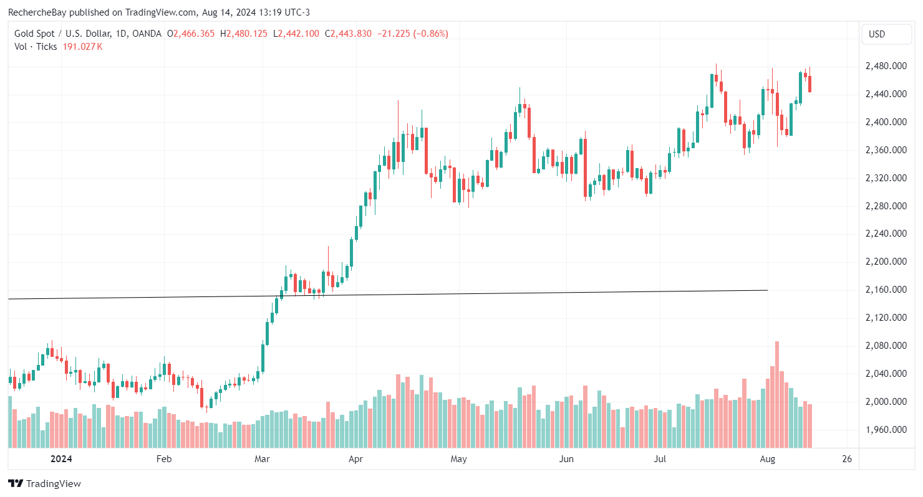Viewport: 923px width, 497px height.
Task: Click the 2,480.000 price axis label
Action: (x=886, y=66)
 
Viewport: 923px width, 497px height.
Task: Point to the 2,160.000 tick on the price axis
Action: (x=886, y=290)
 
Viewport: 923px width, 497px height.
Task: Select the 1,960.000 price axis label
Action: (x=886, y=430)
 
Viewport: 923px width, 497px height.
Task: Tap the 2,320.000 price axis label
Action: (x=886, y=178)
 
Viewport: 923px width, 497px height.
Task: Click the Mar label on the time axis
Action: (x=263, y=460)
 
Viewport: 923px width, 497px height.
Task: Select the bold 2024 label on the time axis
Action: (x=61, y=460)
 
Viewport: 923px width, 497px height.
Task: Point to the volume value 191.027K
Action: (x=82, y=47)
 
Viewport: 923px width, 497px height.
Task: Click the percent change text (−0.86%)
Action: (x=427, y=34)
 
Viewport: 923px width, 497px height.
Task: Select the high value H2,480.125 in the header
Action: (x=249, y=34)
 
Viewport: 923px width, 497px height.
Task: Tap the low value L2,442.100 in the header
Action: (x=297, y=34)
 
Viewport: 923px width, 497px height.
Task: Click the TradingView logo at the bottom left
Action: (x=44, y=483)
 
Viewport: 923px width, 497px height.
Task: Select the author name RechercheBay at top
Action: (x=38, y=12)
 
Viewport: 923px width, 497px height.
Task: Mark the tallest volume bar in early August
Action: (x=777, y=394)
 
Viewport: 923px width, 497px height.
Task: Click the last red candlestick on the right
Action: (x=809, y=83)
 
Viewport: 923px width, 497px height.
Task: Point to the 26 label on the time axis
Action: (x=846, y=460)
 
